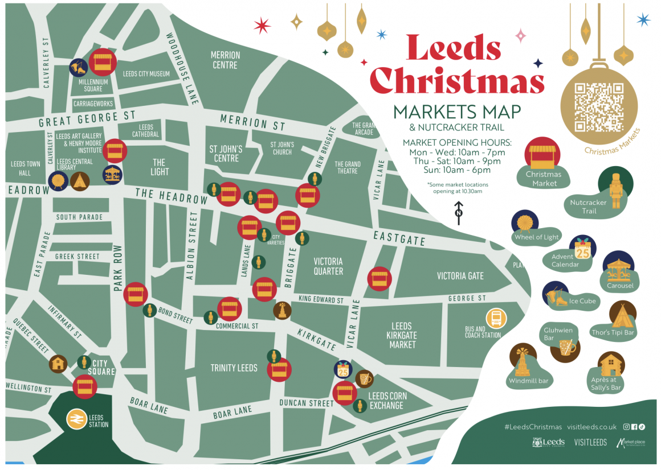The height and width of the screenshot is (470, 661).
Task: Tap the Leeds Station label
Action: coord(98,420)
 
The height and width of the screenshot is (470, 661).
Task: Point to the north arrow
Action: coord(458,210)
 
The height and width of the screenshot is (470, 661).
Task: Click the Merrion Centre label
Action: coord(225,60)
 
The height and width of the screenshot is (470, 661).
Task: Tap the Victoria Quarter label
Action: coord(328,266)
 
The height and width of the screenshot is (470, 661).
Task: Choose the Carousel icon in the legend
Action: coord(618,266)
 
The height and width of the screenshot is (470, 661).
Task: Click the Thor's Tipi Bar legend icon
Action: coord(622,315)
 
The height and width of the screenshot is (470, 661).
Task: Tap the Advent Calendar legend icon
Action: coord(582,248)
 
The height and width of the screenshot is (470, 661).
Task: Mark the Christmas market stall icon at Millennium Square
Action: coord(103,63)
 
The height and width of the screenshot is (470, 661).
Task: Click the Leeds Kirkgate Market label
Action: coord(402,335)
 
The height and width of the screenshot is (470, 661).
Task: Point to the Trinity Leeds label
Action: coord(234,368)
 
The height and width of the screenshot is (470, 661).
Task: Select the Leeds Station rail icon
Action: coord(75,419)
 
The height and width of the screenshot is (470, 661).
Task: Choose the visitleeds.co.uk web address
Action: coord(592,427)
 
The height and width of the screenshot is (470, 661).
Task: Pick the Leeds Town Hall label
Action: coord(25,168)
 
